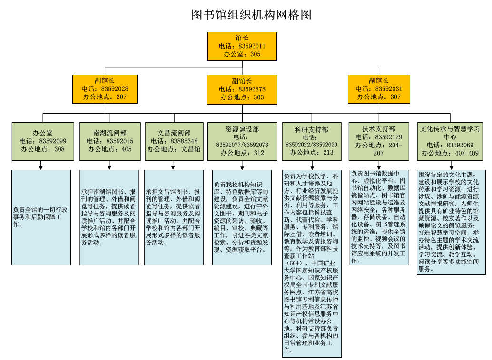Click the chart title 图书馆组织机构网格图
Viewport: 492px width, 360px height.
(x=251, y=15)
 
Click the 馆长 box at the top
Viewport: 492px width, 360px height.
(x=242, y=46)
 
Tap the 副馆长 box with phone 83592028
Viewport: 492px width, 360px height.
(x=105, y=89)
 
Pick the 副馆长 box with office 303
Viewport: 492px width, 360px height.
(x=242, y=89)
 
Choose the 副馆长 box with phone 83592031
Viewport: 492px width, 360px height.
(x=378, y=89)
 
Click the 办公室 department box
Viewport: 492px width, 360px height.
(x=43, y=141)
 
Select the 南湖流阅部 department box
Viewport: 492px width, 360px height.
(x=110, y=141)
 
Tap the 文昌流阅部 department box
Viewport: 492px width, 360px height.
(x=174, y=141)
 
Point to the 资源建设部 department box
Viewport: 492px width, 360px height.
(x=242, y=141)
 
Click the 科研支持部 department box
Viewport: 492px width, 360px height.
(x=311, y=141)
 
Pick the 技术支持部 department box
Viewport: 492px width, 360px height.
(x=378, y=141)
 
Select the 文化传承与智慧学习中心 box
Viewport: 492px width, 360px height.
(x=449, y=141)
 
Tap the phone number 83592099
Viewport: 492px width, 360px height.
(x=53, y=141)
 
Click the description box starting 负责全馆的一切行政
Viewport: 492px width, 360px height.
(x=41, y=217)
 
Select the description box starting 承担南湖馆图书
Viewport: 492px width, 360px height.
(x=109, y=217)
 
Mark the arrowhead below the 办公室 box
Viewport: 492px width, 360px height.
(x=41, y=167)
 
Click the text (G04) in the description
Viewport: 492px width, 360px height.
(x=294, y=263)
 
